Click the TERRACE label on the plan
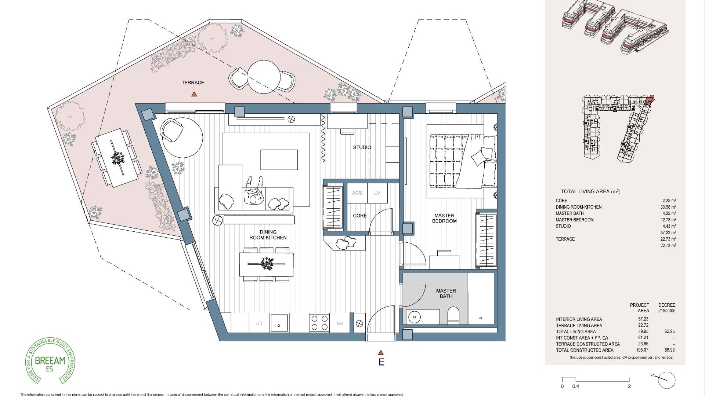pyautogui.click(x=193, y=83)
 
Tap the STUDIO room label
pyautogui.click(x=362, y=147)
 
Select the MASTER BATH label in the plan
pyautogui.click(x=446, y=293)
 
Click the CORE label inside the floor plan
pyautogui.click(x=359, y=216)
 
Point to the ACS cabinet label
pyautogui.click(x=357, y=193)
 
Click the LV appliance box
pyautogui.click(x=377, y=193)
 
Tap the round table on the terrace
pyautogui.click(x=263, y=77)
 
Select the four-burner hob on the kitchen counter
pyautogui.click(x=319, y=323)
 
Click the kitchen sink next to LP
pyautogui.click(x=279, y=323)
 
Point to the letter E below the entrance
pyautogui.click(x=382, y=362)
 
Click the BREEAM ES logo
pyautogui.click(x=50, y=361)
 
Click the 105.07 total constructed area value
pyautogui.click(x=641, y=350)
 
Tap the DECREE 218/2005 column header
pyautogui.click(x=666, y=308)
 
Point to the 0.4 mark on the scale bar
pyautogui.click(x=575, y=386)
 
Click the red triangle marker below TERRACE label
pyautogui.click(x=194, y=95)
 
